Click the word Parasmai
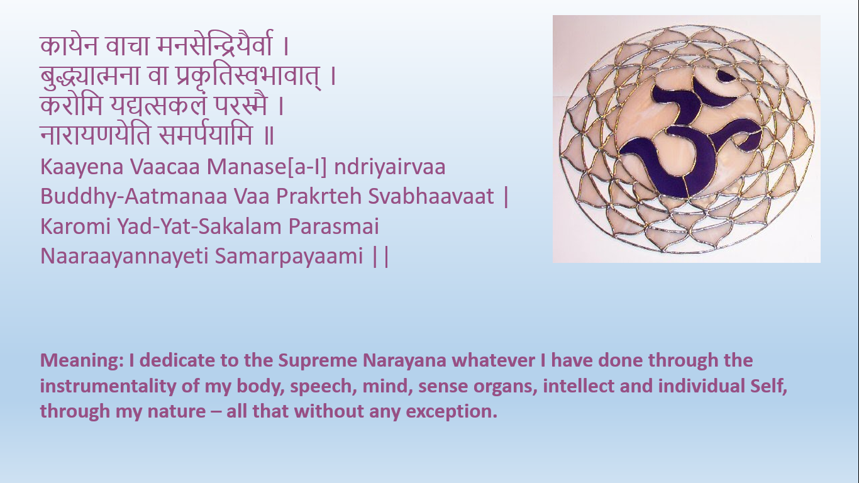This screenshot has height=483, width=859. [334, 226]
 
